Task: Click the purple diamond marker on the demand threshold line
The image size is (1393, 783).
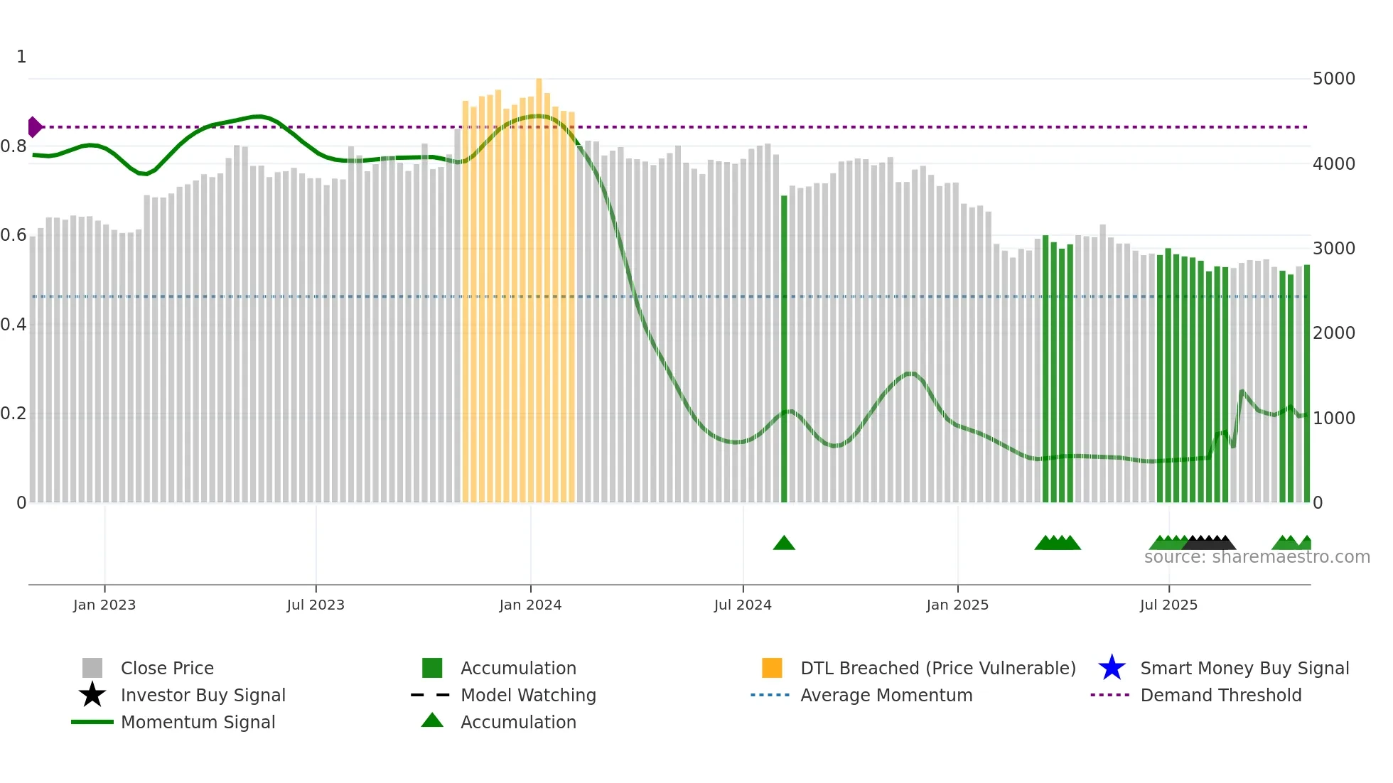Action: pyautogui.click(x=34, y=127)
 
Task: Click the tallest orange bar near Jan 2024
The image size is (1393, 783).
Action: pyautogui.click(x=539, y=284)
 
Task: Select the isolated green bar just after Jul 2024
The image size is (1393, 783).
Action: pyautogui.click(x=784, y=348)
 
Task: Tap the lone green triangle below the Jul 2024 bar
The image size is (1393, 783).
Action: pyautogui.click(x=784, y=544)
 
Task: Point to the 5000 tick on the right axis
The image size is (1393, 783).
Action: pyautogui.click(x=1333, y=79)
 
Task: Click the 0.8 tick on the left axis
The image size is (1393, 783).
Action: pyautogui.click(x=14, y=147)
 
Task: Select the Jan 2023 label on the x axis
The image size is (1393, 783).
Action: pyautogui.click(x=104, y=605)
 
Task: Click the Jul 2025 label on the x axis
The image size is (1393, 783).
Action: pyautogui.click(x=1168, y=605)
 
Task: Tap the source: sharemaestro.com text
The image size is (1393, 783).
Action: pyautogui.click(x=1257, y=557)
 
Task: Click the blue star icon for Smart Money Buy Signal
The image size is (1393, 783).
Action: pyautogui.click(x=1112, y=668)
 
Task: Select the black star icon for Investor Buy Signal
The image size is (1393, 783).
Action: pyautogui.click(x=92, y=695)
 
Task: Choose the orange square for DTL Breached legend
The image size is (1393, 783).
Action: pyautogui.click(x=772, y=668)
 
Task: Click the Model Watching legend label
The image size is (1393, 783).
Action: pyautogui.click(x=528, y=695)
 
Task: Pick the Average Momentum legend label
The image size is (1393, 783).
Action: pyautogui.click(x=886, y=695)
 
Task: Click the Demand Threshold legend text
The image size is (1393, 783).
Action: pyautogui.click(x=1220, y=695)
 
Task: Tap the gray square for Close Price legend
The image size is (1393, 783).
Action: pyautogui.click(x=92, y=668)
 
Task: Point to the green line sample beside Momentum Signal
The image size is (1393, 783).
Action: pyautogui.click(x=92, y=722)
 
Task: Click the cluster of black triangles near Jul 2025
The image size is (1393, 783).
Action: pyautogui.click(x=1209, y=543)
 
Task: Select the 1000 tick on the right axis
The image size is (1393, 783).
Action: pyautogui.click(x=1333, y=418)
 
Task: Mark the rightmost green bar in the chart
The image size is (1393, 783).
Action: pyautogui.click(x=1306, y=384)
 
